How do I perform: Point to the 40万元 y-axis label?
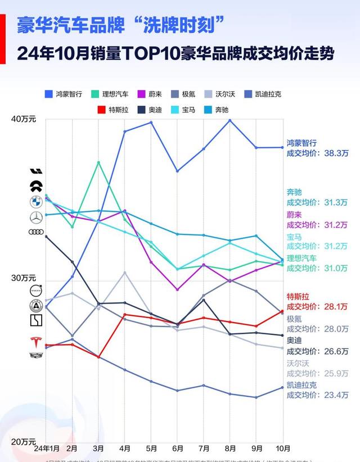tap(24, 119)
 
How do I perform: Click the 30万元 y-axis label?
tap(24, 278)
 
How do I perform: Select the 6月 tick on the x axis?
tap(177, 448)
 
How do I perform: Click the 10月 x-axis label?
tap(282, 448)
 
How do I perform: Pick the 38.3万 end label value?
tap(336, 153)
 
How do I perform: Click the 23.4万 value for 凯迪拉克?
tap(336, 395)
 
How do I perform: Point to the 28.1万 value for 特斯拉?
tap(336, 306)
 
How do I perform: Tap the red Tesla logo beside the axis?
tap(37, 342)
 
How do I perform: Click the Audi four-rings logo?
tap(37, 232)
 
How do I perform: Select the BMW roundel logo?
tap(37, 202)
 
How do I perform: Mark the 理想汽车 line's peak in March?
tap(99, 162)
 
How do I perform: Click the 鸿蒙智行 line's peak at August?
tap(229, 120)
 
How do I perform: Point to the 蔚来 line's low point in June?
tap(177, 290)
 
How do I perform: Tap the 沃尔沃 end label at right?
tap(298, 363)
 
